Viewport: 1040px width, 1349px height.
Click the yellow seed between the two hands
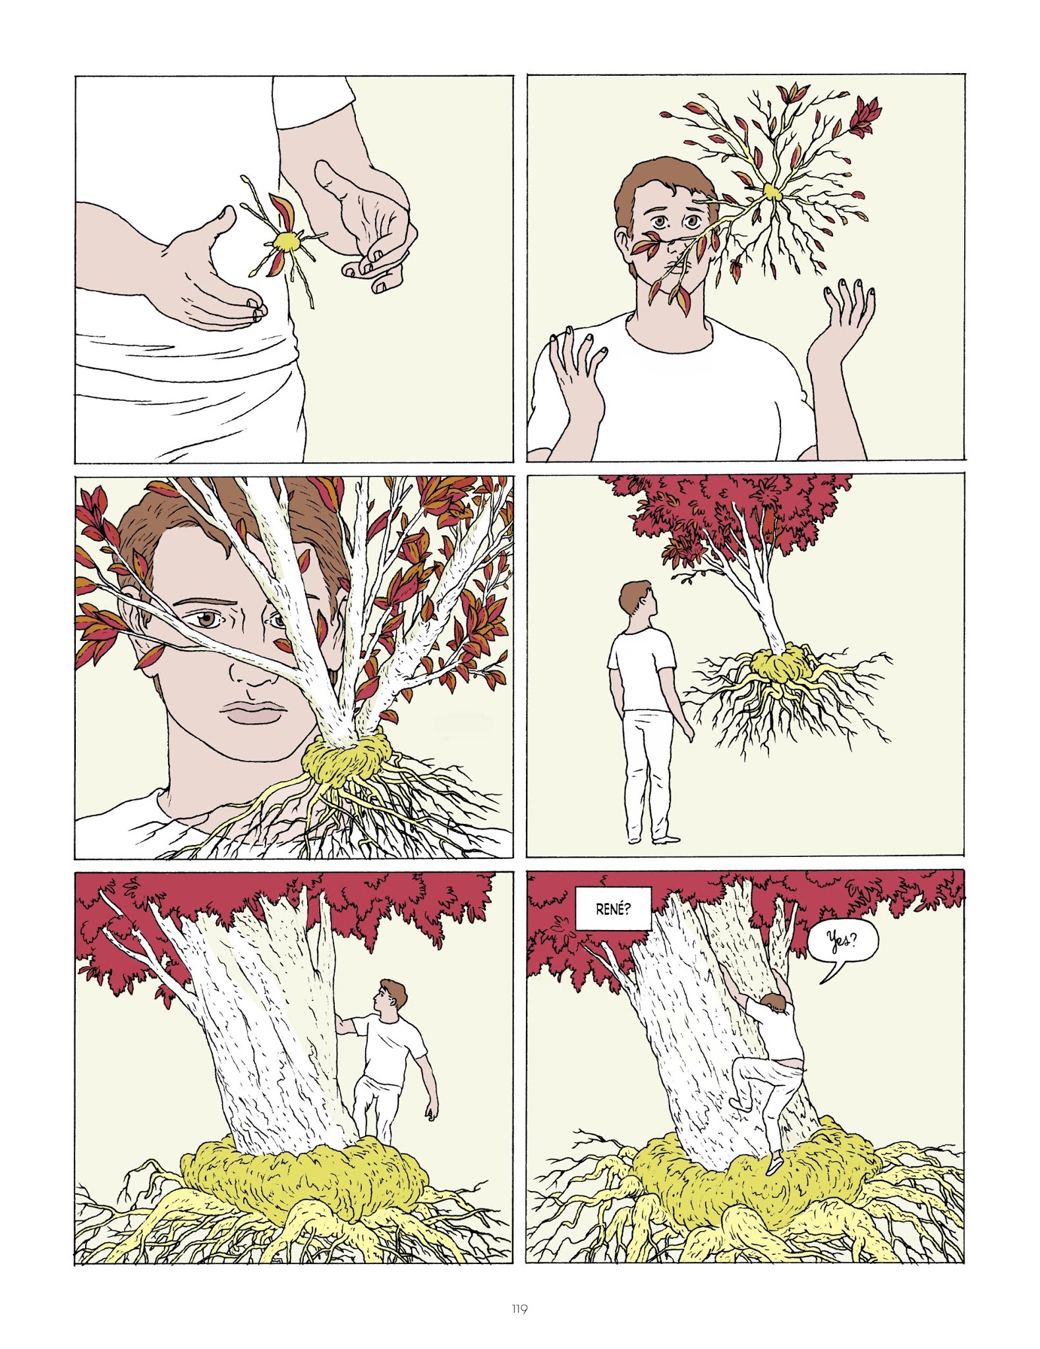(285, 242)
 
